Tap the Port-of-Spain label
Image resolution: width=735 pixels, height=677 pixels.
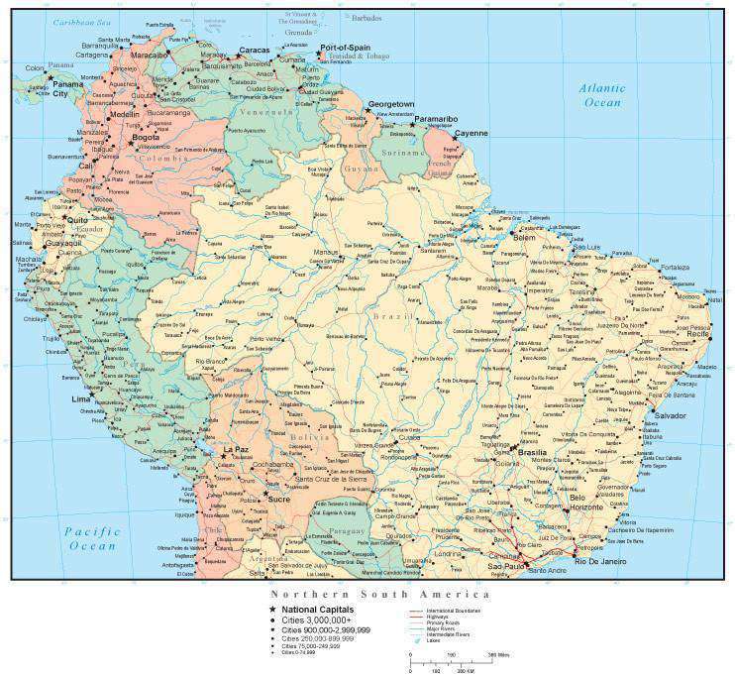[x=344, y=48]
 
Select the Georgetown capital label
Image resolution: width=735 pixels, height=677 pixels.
[x=391, y=104]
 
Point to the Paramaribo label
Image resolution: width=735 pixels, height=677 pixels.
[x=437, y=119]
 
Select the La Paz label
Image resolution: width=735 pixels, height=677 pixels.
[x=236, y=450]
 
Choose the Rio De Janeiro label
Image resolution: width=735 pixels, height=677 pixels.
[x=597, y=562]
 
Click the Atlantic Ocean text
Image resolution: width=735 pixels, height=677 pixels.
[x=602, y=95]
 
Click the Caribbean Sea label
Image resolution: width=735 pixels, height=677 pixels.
[x=83, y=21]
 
